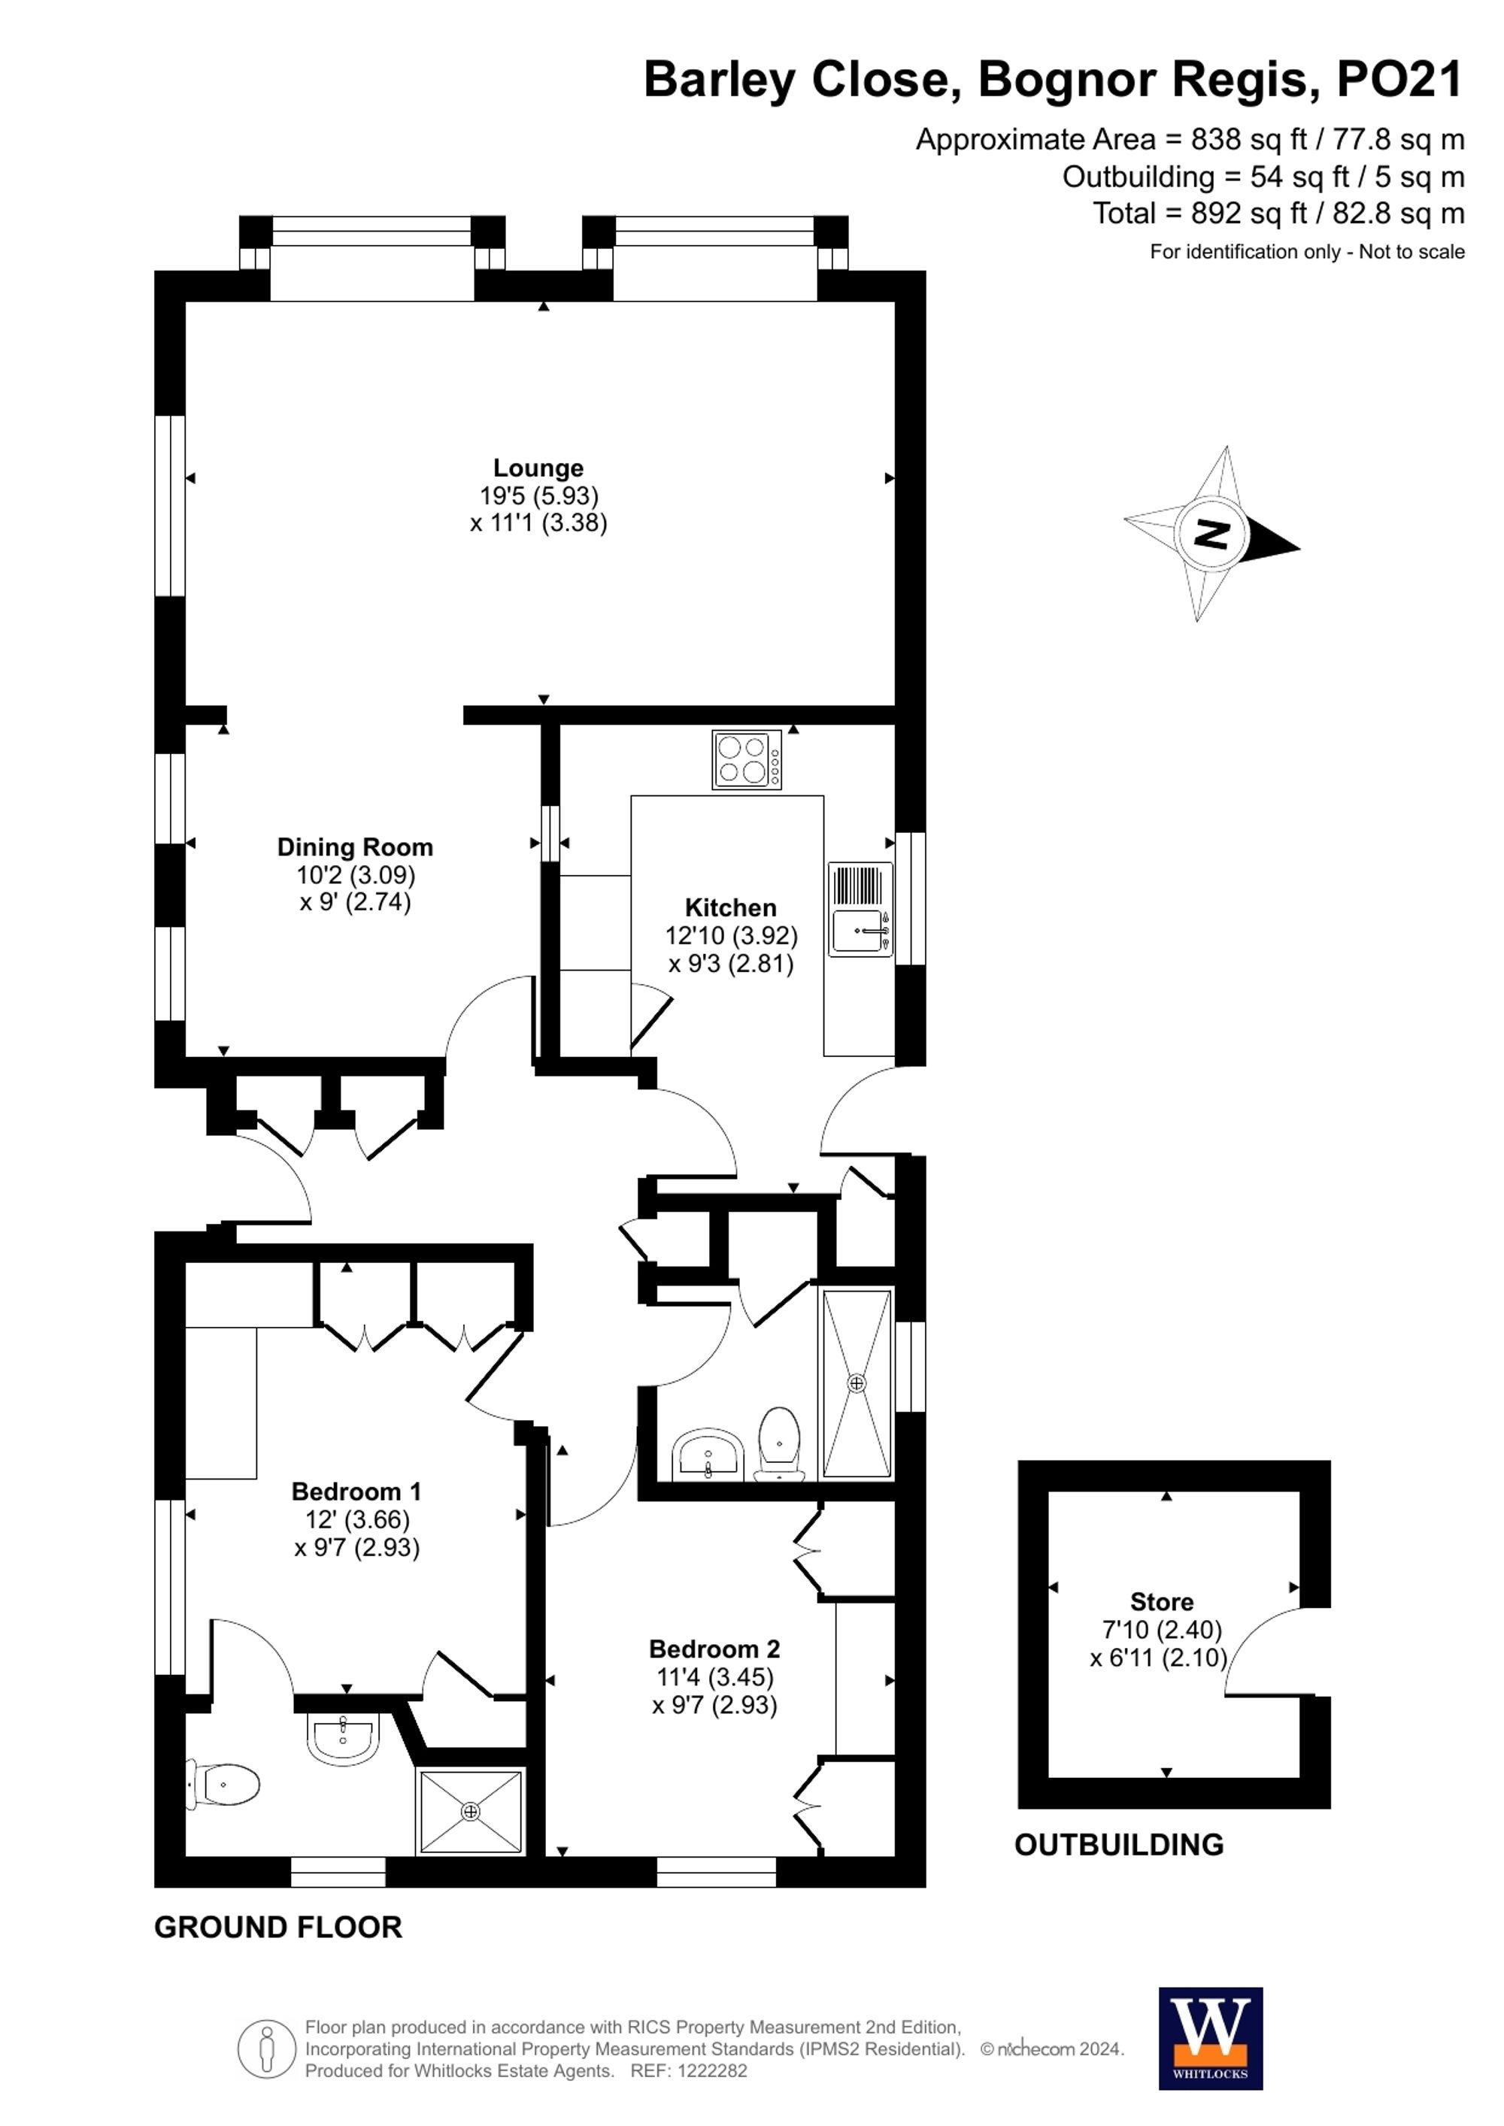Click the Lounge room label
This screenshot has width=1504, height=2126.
pyautogui.click(x=538, y=468)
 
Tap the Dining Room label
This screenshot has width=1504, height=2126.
pyautogui.click(x=355, y=847)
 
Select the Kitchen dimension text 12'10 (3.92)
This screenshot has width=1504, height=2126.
pyautogui.click(x=731, y=935)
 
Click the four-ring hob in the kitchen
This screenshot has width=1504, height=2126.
pyautogui.click(x=747, y=759)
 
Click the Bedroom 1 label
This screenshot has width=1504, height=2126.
pyautogui.click(x=356, y=1492)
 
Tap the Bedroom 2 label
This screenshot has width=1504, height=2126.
pyautogui.click(x=714, y=1649)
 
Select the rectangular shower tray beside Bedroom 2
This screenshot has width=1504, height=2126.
pyautogui.click(x=857, y=1383)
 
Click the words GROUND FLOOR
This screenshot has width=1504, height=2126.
pyautogui.click(x=277, y=1928)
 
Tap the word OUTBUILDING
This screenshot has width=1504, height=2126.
pyautogui.click(x=1119, y=1845)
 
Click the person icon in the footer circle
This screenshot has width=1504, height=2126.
pyautogui.click(x=268, y=2049)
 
